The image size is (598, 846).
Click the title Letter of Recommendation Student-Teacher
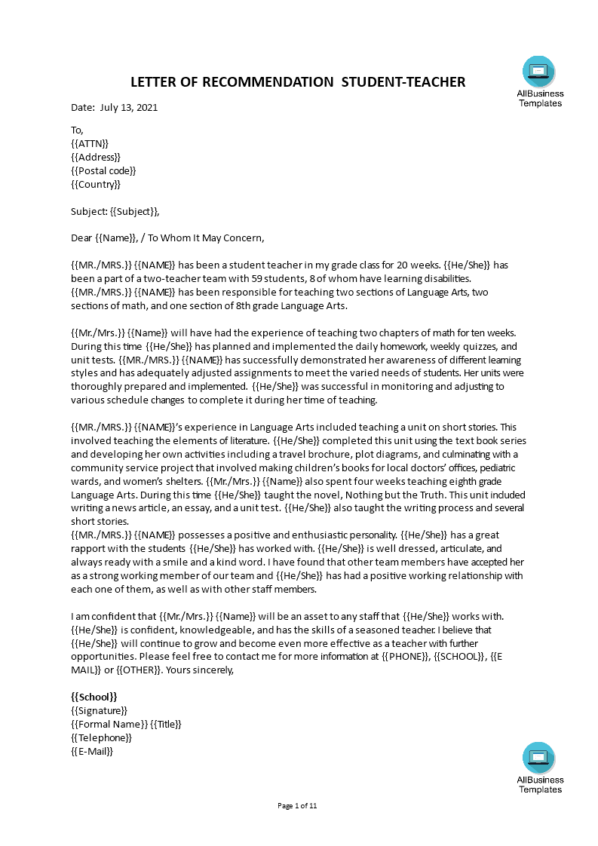tap(298, 81)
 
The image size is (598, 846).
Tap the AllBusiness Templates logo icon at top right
tap(538, 72)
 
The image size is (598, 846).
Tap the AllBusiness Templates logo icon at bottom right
tap(538, 758)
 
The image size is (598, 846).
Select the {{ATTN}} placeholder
tap(90, 143)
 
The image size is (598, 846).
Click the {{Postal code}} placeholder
tap(103, 170)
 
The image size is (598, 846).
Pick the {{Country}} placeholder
tap(96, 184)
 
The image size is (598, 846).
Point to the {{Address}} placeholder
tap(96, 157)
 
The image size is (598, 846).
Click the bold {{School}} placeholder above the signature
tap(94, 697)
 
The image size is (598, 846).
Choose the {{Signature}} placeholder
tap(99, 710)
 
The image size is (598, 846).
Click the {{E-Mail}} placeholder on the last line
tap(92, 751)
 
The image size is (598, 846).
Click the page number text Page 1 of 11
tap(298, 805)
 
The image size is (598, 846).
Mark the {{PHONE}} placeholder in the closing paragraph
tap(409, 656)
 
